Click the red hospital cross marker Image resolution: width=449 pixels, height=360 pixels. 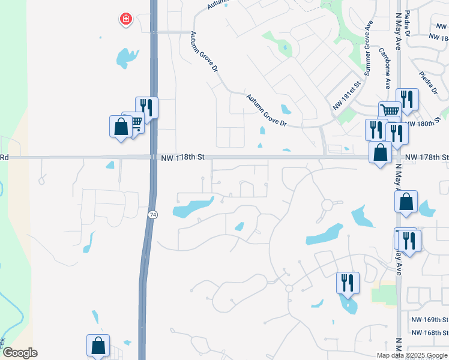point(126,19)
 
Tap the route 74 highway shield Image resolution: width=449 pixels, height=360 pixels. point(153,214)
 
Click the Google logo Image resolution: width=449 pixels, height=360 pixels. point(19,353)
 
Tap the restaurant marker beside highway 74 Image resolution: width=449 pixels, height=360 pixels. point(147,107)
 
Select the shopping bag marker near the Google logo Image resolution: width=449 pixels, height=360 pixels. point(98,346)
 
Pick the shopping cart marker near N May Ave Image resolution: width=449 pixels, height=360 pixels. point(390,111)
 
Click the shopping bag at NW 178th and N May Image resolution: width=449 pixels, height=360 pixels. point(380,152)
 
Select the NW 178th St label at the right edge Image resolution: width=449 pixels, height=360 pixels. point(426,157)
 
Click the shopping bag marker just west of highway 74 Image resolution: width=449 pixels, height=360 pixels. point(121,127)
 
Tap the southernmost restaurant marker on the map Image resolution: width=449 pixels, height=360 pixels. point(348,283)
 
